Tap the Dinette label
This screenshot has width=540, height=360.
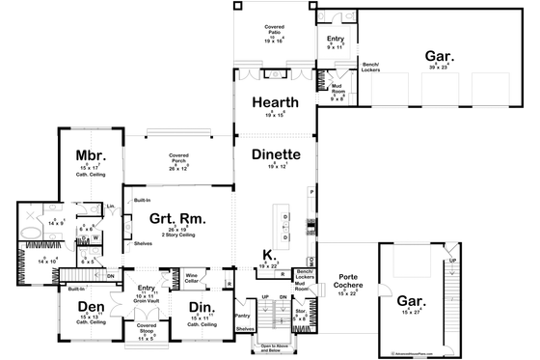click(276, 154)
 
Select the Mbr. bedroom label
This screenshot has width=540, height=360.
click(90, 155)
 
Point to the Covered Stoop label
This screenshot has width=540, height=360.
click(147, 331)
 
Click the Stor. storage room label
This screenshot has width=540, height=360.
click(299, 309)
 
